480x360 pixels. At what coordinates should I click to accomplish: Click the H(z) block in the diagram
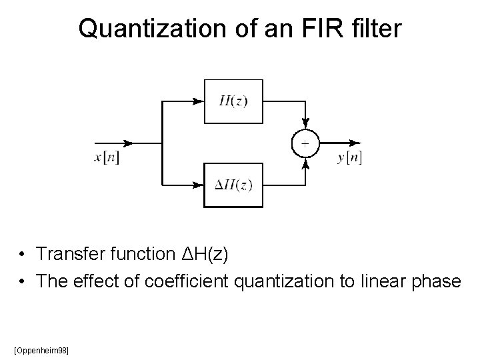[233, 101]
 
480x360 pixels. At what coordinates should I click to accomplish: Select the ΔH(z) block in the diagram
[233, 185]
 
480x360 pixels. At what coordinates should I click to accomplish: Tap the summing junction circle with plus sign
[305, 143]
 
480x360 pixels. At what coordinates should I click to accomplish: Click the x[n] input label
[107, 157]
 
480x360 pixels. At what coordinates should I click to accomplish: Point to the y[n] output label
[349, 157]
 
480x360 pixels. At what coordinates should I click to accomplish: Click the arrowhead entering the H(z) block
[197, 101]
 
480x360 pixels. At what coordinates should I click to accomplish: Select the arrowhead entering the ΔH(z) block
[197, 185]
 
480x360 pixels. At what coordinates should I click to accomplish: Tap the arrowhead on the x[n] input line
[127, 143]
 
